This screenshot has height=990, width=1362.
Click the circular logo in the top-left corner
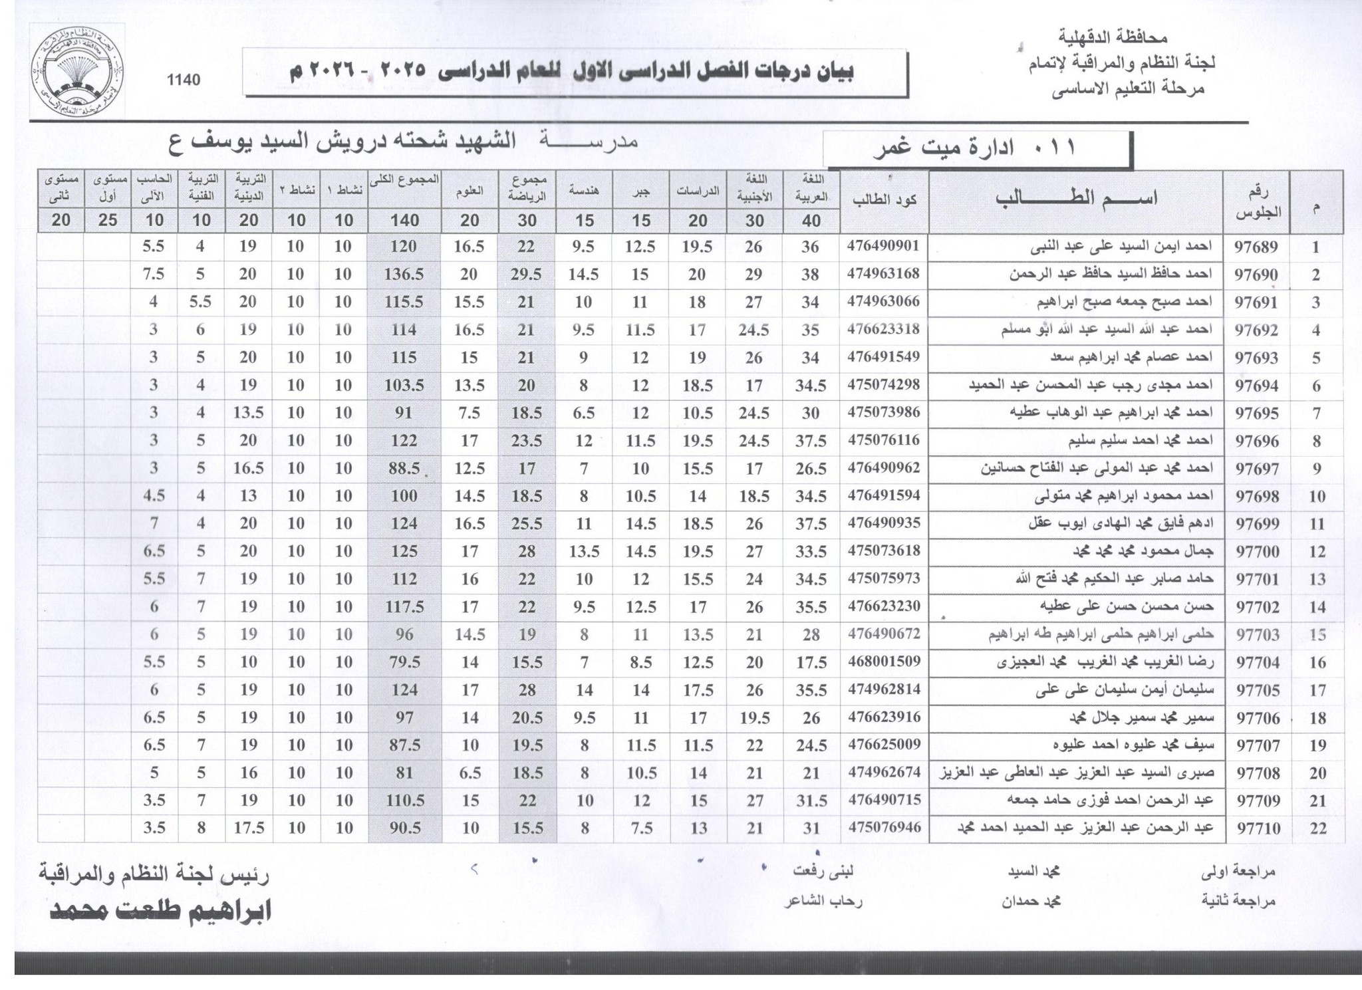[x=77, y=72]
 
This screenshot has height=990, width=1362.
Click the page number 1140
[x=184, y=80]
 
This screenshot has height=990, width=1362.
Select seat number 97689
[x=1256, y=247]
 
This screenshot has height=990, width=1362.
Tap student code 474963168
[x=883, y=274]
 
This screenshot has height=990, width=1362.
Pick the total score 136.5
[x=404, y=275]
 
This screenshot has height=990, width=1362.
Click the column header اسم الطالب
[x=1075, y=198]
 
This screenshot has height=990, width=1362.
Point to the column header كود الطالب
[x=884, y=199]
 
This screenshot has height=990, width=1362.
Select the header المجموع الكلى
[x=404, y=180]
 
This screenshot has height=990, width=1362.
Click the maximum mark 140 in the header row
[x=404, y=220]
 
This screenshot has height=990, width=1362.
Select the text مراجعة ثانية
[x=1238, y=901]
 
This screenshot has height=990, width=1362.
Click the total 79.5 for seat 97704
[x=404, y=662]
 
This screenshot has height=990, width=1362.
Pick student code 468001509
[x=883, y=662]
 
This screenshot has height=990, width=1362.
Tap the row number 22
[x=1317, y=828]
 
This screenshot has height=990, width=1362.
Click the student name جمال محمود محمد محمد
[x=1143, y=551]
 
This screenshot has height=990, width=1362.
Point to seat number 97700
[x=1256, y=551]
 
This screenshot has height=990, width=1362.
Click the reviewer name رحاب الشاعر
[x=823, y=901]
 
